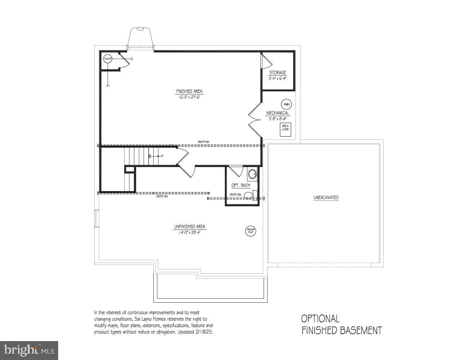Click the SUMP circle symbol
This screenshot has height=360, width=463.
click(x=108, y=59)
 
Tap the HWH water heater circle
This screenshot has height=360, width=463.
click(x=286, y=104)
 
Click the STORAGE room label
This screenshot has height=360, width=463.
click(x=278, y=73)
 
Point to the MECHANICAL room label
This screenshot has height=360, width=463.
click(x=277, y=113)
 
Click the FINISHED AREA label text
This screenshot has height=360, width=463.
click(x=189, y=91)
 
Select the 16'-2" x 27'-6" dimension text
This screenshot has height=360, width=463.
click(x=189, y=97)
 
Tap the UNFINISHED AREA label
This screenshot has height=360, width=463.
click(x=190, y=227)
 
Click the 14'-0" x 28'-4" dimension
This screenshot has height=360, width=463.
click(x=190, y=233)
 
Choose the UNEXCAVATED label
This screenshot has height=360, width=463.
click(x=326, y=198)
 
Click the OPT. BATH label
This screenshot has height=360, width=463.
click(x=241, y=186)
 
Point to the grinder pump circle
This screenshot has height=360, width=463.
click(x=251, y=230)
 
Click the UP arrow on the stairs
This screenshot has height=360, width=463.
click(x=154, y=156)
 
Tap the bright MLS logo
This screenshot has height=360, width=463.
click(x=29, y=350)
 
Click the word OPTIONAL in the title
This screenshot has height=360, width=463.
click(x=320, y=318)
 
